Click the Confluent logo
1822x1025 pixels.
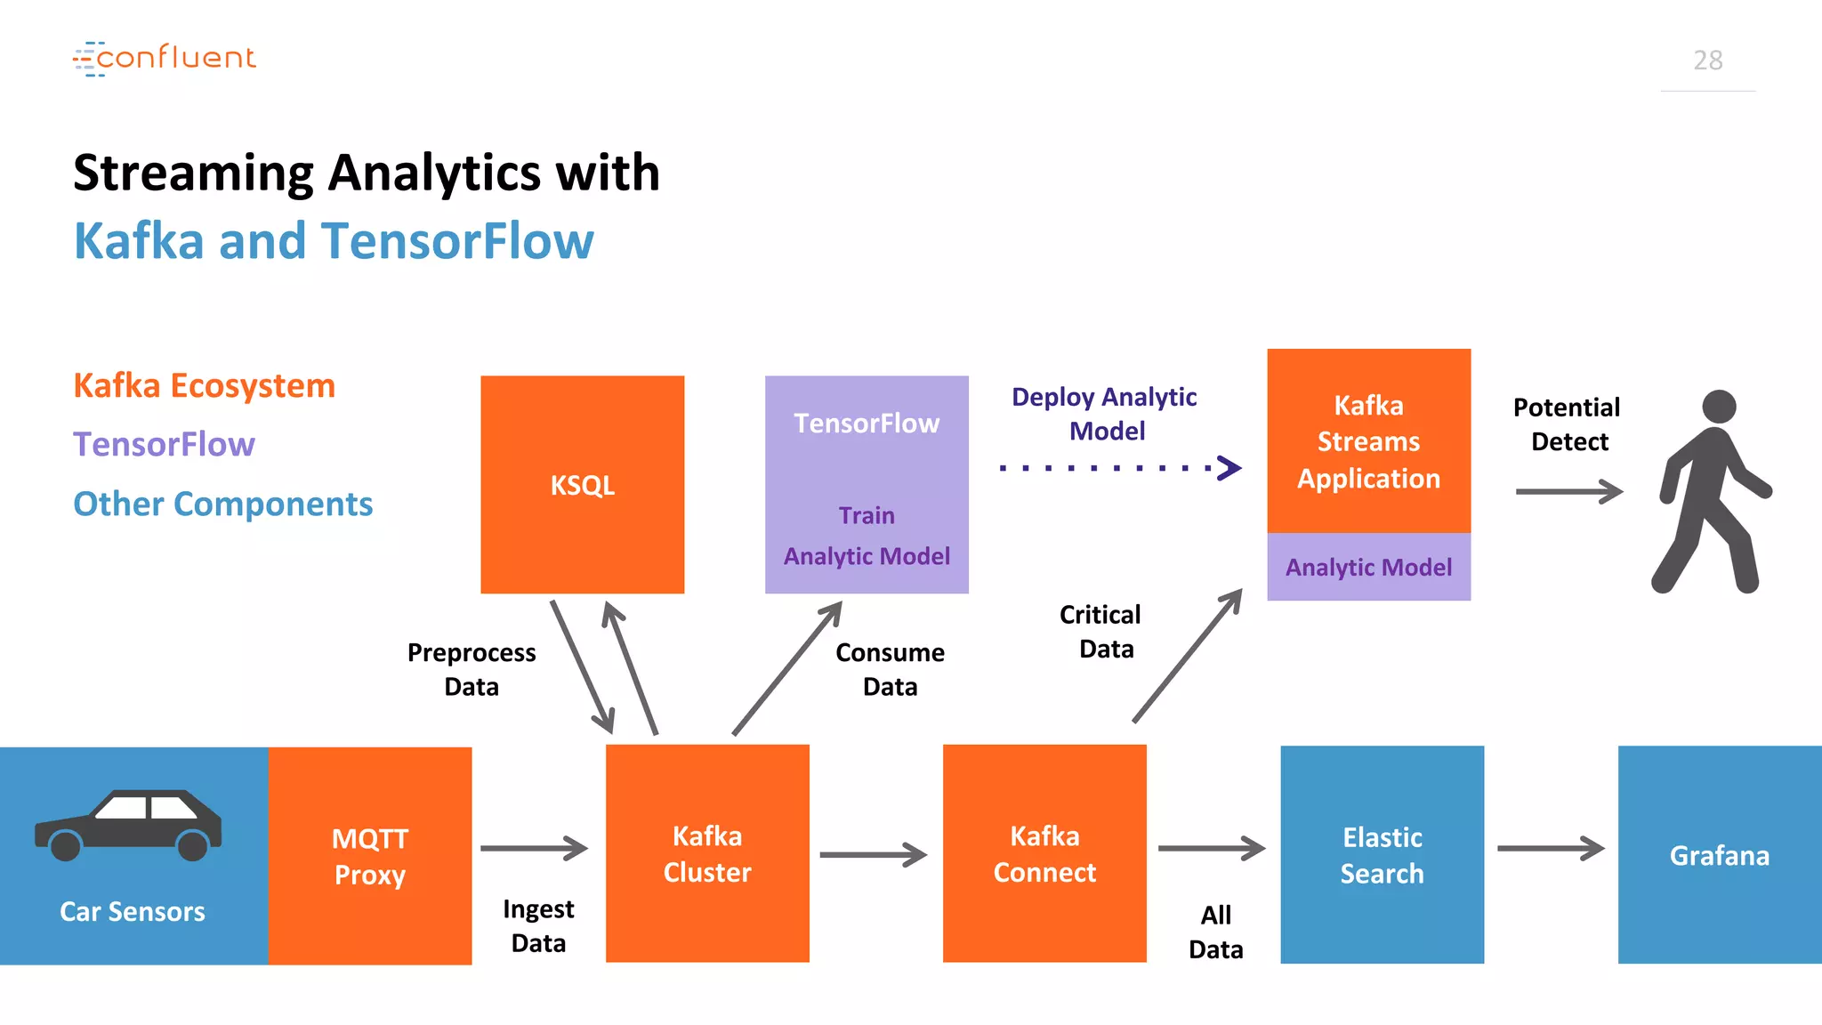pyautogui.click(x=165, y=58)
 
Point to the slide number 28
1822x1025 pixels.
pyautogui.click(x=1708, y=60)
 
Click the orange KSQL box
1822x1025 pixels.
pyautogui.click(x=583, y=484)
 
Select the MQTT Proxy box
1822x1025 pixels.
pyautogui.click(x=370, y=855)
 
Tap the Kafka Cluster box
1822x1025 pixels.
pyautogui.click(x=707, y=853)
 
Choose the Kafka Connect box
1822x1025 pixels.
pyautogui.click(x=1044, y=853)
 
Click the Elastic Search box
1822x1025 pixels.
pyautogui.click(x=1383, y=854)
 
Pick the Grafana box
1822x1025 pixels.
pyautogui.click(x=1720, y=854)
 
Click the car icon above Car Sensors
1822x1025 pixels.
pyautogui.click(x=128, y=825)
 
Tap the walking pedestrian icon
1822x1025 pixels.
pyautogui.click(x=1711, y=491)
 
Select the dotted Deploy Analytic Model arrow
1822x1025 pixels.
pyautogui.click(x=1120, y=467)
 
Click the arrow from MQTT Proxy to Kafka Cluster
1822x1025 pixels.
pyautogui.click(x=535, y=848)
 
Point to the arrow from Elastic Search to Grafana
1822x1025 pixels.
pyautogui.click(x=1552, y=848)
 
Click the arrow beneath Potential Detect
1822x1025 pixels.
pyautogui.click(x=1570, y=491)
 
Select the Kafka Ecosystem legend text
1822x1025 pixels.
pyautogui.click(x=204, y=386)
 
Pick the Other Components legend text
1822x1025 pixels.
pyautogui.click(x=222, y=504)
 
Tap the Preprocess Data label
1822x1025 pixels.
pyautogui.click(x=472, y=669)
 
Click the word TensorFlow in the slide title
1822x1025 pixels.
pyautogui.click(x=457, y=241)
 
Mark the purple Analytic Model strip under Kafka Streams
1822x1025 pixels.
pyautogui.click(x=1369, y=567)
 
